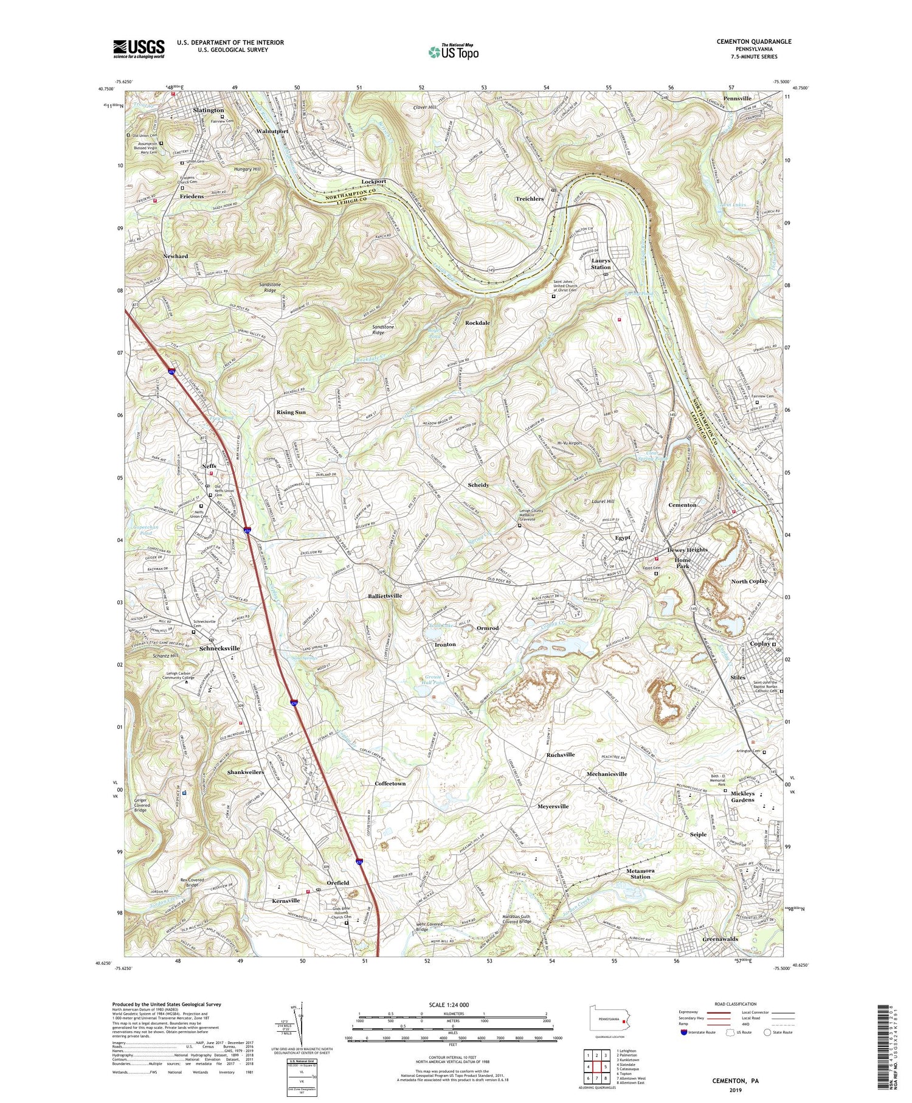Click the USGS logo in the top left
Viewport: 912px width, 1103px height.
tap(139, 49)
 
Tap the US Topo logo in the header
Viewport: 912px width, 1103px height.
tap(453, 52)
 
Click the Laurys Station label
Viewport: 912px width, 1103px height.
tap(601, 263)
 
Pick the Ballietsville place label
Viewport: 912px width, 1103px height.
tap(385, 596)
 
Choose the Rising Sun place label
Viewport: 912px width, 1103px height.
tap(291, 412)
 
